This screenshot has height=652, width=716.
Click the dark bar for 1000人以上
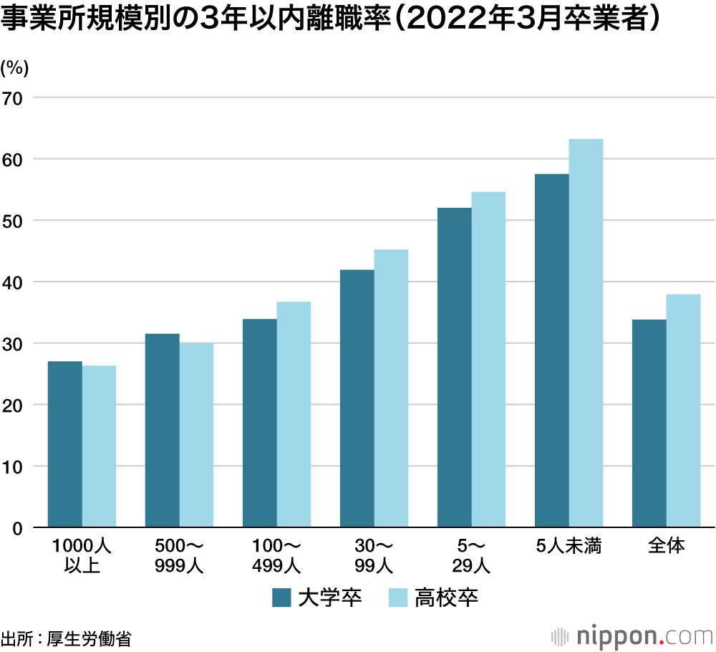click(x=65, y=444)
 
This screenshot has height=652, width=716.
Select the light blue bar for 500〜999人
click(x=196, y=436)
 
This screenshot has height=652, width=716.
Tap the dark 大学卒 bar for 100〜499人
click(x=260, y=423)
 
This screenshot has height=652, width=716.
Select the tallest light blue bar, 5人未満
click(x=586, y=333)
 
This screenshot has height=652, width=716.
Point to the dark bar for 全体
click(x=649, y=423)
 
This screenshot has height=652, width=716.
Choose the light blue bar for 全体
click(x=683, y=411)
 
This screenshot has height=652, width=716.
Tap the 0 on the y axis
click(x=19, y=529)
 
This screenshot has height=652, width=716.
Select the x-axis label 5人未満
click(x=569, y=547)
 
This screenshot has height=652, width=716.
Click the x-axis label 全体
click(x=666, y=547)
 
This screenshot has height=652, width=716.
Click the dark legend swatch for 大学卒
click(x=281, y=598)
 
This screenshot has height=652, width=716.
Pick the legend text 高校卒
click(x=446, y=598)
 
